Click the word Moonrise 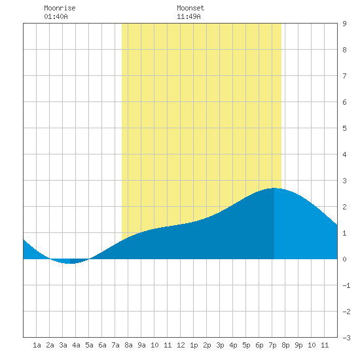60,8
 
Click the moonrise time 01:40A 56,16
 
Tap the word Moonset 190,8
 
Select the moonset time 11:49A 189,16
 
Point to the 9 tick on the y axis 344,24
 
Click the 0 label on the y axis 344,259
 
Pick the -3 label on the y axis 346,338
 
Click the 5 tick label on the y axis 344,128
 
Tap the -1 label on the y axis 346,285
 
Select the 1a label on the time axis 37,345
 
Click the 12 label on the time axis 181,345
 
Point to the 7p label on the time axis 272,345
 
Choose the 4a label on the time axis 76,345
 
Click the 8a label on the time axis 128,345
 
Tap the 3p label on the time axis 220,345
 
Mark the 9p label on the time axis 298,345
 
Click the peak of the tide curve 274,188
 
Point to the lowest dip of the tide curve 70,264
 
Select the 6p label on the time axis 259,345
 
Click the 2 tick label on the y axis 344,207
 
